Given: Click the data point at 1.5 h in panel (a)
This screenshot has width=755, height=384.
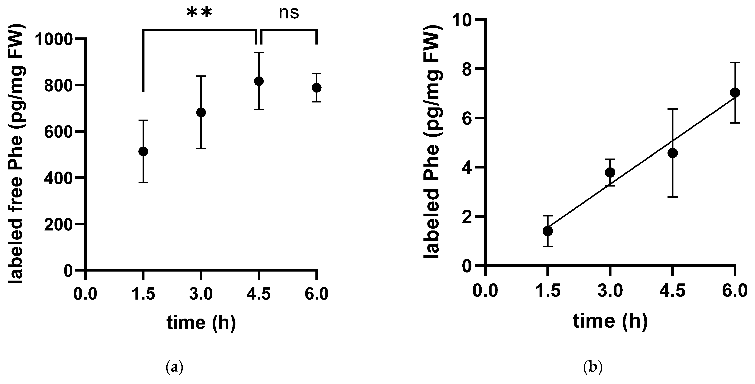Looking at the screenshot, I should (143, 152).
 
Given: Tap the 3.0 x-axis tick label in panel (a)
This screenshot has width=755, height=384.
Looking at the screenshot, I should (201, 294).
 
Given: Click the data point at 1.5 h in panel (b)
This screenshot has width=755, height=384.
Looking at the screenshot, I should (547, 231).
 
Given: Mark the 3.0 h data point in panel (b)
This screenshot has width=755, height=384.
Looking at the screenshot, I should (610, 172).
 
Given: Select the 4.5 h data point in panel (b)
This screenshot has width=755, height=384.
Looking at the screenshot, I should (673, 153).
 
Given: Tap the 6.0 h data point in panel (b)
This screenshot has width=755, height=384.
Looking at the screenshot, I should (735, 93).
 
